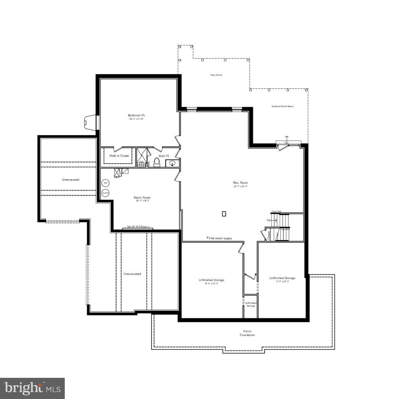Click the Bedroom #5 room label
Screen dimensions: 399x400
point(136,115)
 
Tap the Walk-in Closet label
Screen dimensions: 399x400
point(119,156)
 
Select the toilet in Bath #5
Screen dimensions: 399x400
point(157,162)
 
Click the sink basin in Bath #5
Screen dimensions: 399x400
point(172,164)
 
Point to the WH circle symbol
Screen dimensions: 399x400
point(105,183)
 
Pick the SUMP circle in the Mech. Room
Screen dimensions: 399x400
point(105,193)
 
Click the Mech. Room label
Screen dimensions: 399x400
point(142,198)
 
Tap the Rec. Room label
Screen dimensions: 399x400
point(240,183)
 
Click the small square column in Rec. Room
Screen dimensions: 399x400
point(224,213)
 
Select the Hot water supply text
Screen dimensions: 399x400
point(220,238)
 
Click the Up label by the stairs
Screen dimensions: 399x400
point(268,220)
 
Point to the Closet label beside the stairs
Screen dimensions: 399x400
point(269,235)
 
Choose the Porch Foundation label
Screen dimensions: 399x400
point(247,333)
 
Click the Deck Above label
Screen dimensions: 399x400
point(216,75)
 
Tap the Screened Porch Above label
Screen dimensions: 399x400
point(283,106)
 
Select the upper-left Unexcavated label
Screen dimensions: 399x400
point(70,180)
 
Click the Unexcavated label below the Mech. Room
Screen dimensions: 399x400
point(132,274)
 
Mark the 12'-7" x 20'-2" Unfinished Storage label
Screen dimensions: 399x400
point(282,278)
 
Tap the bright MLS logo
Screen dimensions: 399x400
point(32,388)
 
